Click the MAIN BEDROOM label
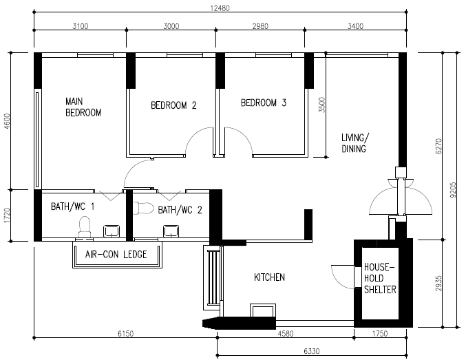click(x=83, y=106)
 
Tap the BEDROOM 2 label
click(x=173, y=106)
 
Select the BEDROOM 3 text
click(x=263, y=103)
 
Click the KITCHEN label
click(x=269, y=277)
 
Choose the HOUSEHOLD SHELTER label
click(x=380, y=277)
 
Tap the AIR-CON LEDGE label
click(x=116, y=255)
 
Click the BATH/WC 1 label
click(x=74, y=206)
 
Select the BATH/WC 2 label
click(x=180, y=210)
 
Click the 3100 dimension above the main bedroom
click(x=80, y=26)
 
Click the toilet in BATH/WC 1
click(x=85, y=226)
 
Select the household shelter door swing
click(x=341, y=275)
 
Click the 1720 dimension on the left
click(x=8, y=215)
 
